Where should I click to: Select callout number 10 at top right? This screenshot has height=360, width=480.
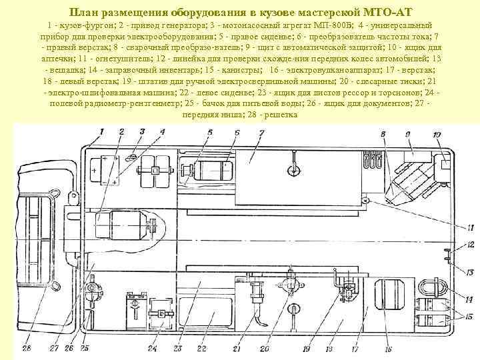tap(437, 135)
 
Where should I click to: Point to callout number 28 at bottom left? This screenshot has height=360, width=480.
tap(26, 347)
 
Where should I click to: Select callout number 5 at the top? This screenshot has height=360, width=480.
tap(209, 133)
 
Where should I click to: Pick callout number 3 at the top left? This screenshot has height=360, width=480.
tap(142, 131)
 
